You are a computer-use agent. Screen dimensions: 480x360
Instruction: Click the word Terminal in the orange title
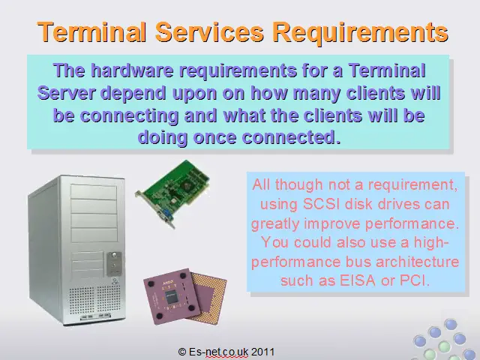pos(91,31)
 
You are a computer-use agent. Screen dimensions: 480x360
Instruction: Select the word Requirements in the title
pos(360,33)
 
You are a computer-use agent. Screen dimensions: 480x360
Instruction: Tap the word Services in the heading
pos(209,31)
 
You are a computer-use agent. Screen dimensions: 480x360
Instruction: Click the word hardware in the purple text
pos(132,70)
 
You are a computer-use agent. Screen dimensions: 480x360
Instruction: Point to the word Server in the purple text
pos(67,93)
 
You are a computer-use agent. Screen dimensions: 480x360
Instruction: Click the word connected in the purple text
pos(291,137)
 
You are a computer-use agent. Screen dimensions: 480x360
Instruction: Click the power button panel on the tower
pos(114,264)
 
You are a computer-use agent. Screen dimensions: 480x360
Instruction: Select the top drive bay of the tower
pos(93,192)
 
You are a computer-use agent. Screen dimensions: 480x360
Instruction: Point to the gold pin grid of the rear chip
pos(211,294)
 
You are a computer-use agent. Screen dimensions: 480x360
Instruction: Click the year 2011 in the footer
pos(262,352)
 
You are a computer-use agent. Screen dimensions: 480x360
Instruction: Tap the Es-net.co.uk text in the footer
pos(218,352)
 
